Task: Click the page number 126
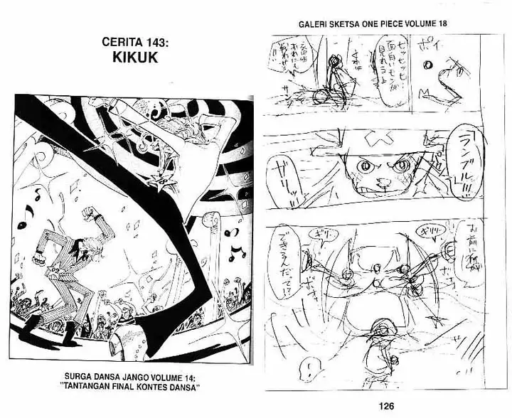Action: [386, 406]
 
